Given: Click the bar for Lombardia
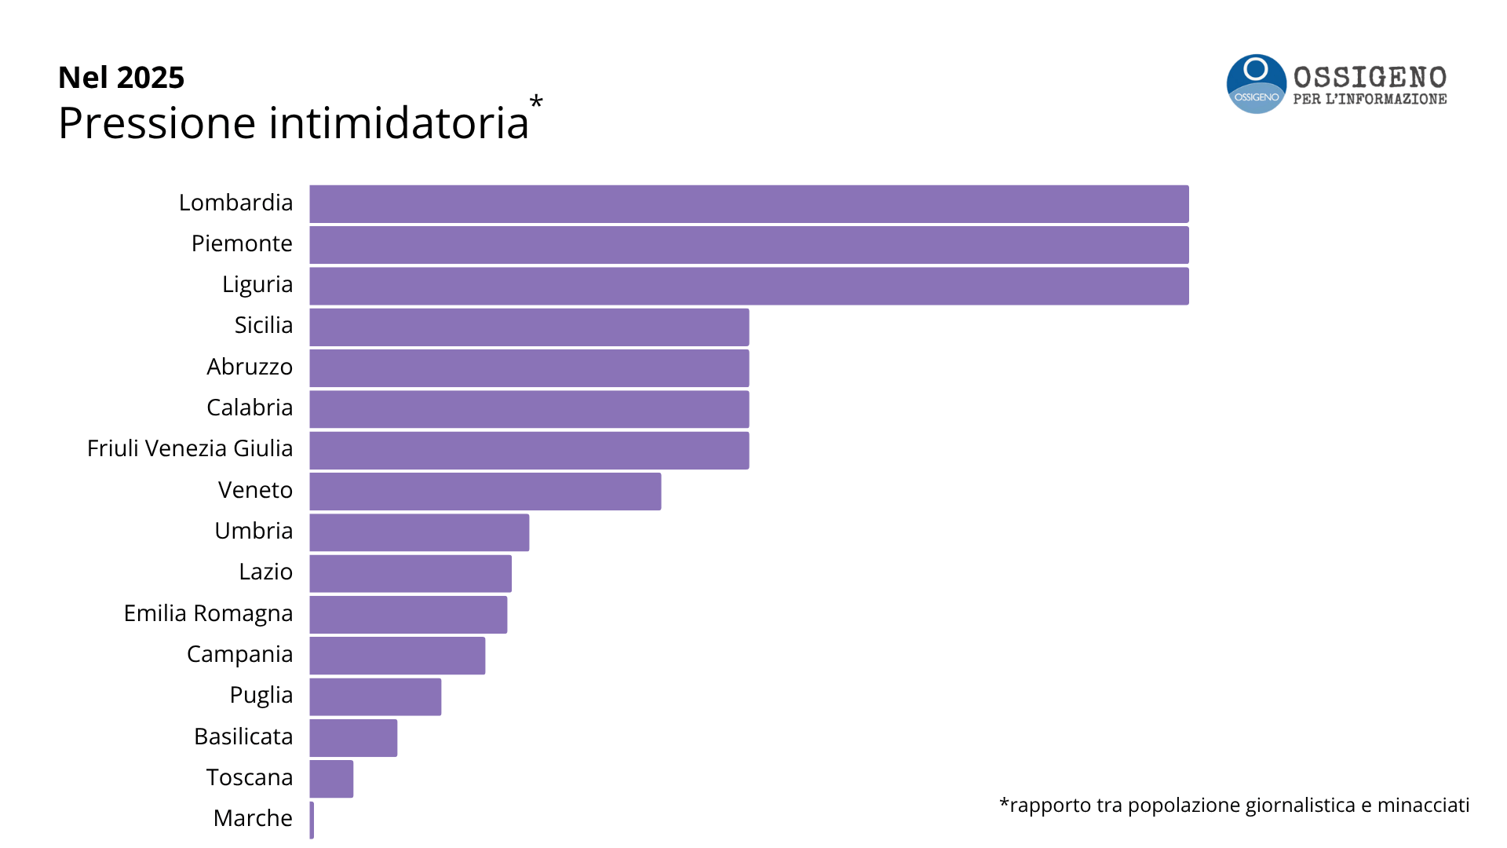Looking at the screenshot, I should point(749,204).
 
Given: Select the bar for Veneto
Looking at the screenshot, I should point(485,492).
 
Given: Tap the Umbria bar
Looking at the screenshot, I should point(419,532).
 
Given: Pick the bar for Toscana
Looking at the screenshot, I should point(331,779).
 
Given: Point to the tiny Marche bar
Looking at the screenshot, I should point(312,820).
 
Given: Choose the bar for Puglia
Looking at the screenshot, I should point(375,696).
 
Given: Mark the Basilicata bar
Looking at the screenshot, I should point(353,738).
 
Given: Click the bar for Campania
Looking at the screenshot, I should point(397,656).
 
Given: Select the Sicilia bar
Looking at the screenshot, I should point(529,327).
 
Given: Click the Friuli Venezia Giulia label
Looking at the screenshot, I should point(190,448).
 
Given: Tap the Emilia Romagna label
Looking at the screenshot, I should point(208,613).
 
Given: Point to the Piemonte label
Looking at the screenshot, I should point(242,243).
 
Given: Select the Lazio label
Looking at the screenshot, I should point(265,572).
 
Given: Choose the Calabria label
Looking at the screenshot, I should point(250,408).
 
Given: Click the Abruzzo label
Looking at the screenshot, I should point(250,367).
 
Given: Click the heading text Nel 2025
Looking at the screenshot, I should point(121,77).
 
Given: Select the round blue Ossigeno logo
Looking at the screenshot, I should point(1256,84).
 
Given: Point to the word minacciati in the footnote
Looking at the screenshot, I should point(1423,805).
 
